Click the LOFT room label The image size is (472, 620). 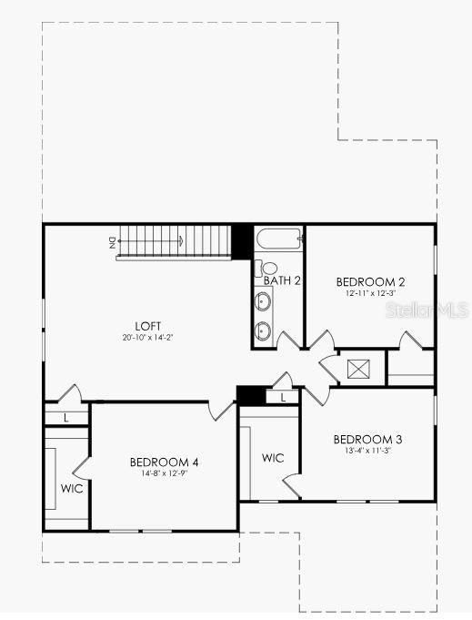pos(147,325)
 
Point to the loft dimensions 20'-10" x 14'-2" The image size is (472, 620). pos(147,337)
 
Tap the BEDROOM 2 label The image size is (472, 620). pos(370,281)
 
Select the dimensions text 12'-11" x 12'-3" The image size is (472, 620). pos(370,293)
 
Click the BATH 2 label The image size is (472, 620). pos(282,280)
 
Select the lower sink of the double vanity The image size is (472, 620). pos(264,330)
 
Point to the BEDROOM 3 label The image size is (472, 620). pos(367,439)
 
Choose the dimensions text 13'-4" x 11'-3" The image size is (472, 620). pos(367,451)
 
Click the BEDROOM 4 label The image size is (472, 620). pos(164,462)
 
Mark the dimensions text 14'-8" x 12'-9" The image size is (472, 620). pos(164,473)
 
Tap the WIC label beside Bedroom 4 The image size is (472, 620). pos(72,489)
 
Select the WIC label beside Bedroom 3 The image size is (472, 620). pos(273,458)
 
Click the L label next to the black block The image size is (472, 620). pos(283,398)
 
